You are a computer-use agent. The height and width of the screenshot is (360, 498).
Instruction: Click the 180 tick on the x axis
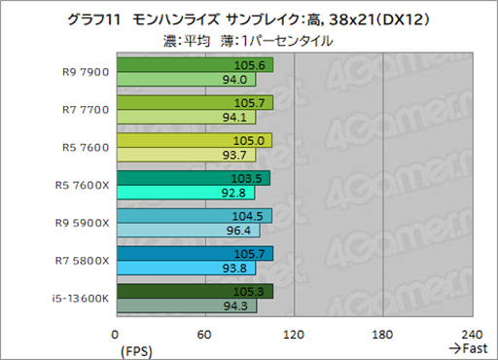(x=383, y=335)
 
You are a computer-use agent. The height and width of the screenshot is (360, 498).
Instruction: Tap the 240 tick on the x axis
(x=472, y=335)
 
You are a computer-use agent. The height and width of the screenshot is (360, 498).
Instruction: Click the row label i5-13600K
(x=81, y=299)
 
